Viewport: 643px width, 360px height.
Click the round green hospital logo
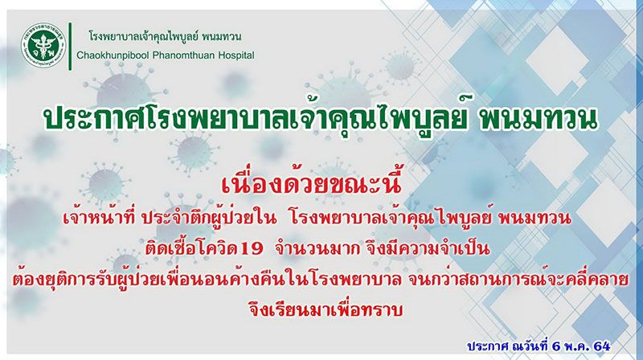[43, 46]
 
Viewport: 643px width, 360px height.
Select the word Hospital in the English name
[234, 55]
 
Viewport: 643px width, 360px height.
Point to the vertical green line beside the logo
[70, 47]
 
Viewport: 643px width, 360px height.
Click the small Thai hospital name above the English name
[165, 36]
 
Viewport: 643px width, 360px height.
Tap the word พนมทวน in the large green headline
[537, 119]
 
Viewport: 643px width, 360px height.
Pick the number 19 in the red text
[252, 249]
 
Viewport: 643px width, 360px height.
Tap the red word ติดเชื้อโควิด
[192, 247]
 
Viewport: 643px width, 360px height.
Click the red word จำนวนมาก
[317, 248]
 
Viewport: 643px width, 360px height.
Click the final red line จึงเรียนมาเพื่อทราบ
[326, 309]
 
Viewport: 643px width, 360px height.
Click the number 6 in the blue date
[556, 346]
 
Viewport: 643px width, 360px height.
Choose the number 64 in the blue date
[601, 346]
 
